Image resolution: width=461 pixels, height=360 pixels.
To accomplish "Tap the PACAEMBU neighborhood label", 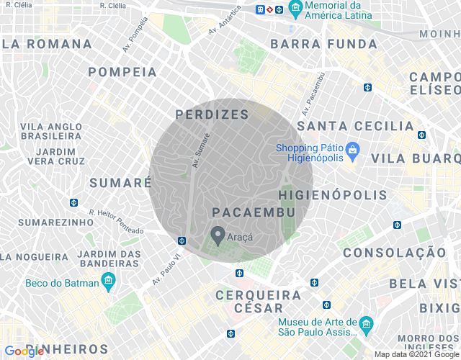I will pos(254,212).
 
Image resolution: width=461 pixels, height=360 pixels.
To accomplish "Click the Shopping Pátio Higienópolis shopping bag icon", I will pos(352,150).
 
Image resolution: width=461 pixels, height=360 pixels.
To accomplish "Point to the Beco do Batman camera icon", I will pos(109,283).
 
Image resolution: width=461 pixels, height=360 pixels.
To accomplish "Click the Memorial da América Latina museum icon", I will pos(294,9).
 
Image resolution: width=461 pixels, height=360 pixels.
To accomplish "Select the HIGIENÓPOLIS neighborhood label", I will pos(333,195).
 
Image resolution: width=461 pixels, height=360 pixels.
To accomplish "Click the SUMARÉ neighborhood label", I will pos(120,183).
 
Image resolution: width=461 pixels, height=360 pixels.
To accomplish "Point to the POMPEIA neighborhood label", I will pos(122,72).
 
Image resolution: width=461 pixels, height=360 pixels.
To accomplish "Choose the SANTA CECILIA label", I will pos(356,126).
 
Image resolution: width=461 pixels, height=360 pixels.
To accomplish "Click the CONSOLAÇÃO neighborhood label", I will pos(394,253).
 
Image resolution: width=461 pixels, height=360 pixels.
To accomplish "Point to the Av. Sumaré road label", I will pos(200,150).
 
